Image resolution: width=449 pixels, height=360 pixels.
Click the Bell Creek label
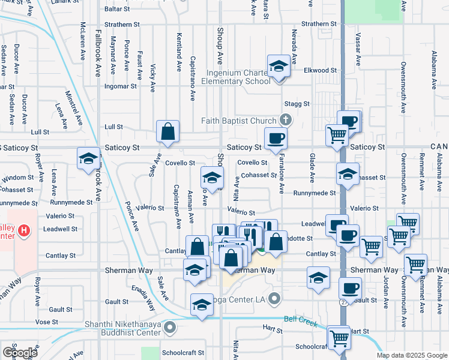coord(300,322)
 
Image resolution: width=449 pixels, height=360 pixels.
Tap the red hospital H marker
coord(23,230)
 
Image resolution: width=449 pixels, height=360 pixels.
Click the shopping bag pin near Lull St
coord(168,132)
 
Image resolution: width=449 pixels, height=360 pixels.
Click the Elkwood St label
coord(321,70)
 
